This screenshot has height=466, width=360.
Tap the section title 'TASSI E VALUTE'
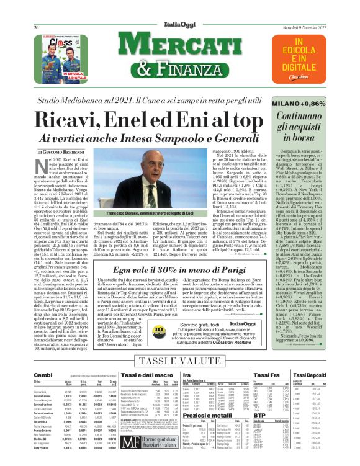pyautogui.click(x=179, y=361)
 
